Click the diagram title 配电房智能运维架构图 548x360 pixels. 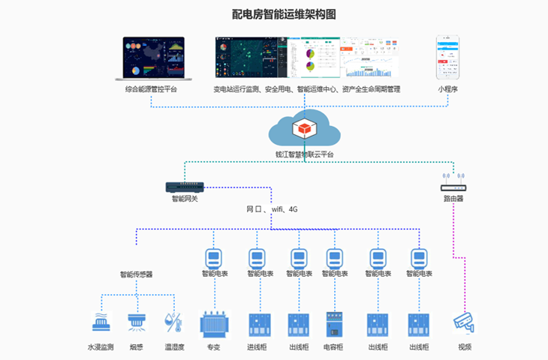pos(273,14)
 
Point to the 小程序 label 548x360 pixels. pos(448,89)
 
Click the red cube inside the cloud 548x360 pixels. pos(303,129)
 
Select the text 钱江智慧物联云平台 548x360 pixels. pos(304,154)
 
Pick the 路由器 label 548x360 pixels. pos(453,199)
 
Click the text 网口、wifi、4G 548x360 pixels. pos(272,209)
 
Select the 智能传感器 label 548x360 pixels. pos(136,274)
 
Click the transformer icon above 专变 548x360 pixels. pos(213,324)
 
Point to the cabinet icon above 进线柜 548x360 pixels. pos(257,324)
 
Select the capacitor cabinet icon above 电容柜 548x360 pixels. pos(334,324)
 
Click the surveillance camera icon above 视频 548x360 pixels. pos(465,323)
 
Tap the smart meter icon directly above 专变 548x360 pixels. pos(213,259)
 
